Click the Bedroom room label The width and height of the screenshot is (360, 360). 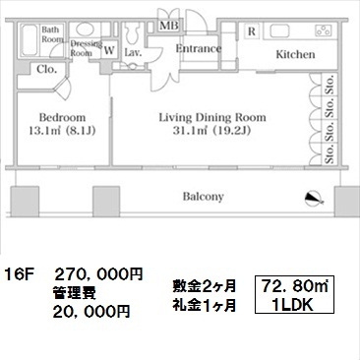click(62, 117)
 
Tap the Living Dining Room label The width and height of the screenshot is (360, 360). click(212, 117)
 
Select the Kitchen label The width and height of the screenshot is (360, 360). click(295, 54)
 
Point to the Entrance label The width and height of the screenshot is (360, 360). click(199, 48)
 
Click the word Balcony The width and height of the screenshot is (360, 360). click(204, 197)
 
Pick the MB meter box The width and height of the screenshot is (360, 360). click(169, 26)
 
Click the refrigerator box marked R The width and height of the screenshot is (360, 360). click(252, 31)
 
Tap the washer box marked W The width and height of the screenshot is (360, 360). click(109, 50)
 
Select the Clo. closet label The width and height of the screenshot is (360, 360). click(46, 69)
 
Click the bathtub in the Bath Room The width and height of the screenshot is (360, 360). click(30, 40)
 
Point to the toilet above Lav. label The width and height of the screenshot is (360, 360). click(133, 32)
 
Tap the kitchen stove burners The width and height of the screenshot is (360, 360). click(324, 30)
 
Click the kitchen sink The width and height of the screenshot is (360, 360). click(279, 31)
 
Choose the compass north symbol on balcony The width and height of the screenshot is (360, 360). click(314, 199)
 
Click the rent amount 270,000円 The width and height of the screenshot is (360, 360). click(98, 274)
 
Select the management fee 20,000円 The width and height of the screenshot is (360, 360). click(91, 311)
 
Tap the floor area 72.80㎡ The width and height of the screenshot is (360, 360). click(295, 286)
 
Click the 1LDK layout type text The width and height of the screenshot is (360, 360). click(293, 305)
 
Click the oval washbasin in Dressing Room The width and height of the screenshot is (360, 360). click(85, 30)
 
